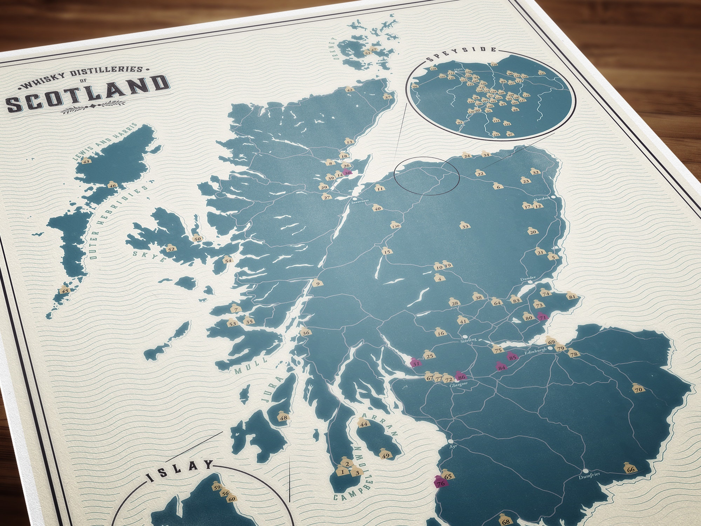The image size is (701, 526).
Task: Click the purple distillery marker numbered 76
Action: [440, 483]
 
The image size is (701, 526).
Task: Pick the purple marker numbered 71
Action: [543, 317]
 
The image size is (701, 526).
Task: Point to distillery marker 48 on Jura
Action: [283, 417]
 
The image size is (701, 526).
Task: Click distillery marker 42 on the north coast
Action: [349, 89]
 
